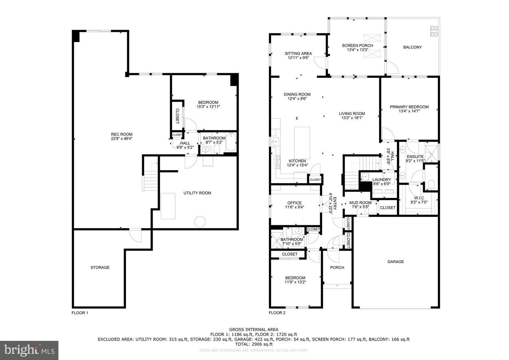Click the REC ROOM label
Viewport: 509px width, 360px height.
point(122,134)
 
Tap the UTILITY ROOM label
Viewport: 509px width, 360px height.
point(197,193)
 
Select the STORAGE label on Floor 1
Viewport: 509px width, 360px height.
point(100,267)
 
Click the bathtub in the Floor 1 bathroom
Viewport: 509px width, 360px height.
point(231,143)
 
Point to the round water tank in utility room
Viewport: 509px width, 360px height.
point(200,221)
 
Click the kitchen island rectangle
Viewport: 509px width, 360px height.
point(302,143)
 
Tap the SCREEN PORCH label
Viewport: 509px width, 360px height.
point(357,45)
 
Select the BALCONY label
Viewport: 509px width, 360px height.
point(413,47)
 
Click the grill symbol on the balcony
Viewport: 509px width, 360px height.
point(434,31)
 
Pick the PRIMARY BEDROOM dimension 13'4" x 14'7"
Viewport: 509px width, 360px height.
point(409,111)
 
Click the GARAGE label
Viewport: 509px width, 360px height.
point(396,262)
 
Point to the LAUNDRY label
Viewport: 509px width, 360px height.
point(382,180)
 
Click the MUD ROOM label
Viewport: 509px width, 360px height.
point(360,203)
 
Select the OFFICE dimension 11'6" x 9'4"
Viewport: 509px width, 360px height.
point(294,208)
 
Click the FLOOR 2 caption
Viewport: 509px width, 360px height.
point(277,313)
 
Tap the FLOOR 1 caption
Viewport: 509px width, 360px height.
point(80,313)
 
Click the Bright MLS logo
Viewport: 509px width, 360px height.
point(29,350)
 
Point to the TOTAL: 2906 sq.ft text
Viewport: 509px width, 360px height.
point(253,344)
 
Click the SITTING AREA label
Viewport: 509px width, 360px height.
point(298,53)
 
